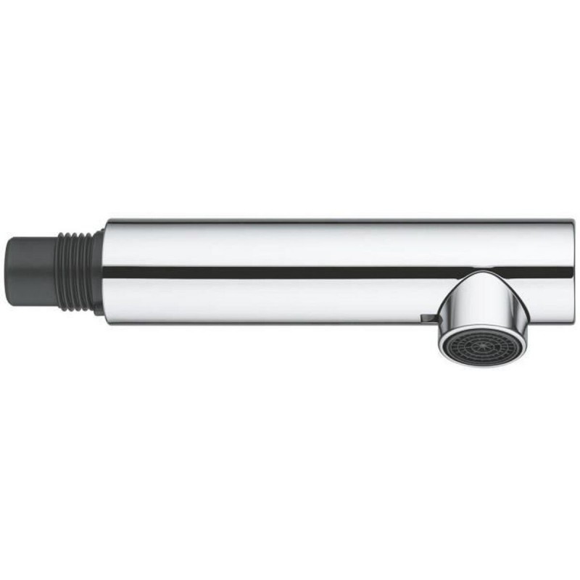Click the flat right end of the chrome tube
coord(569,268)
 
